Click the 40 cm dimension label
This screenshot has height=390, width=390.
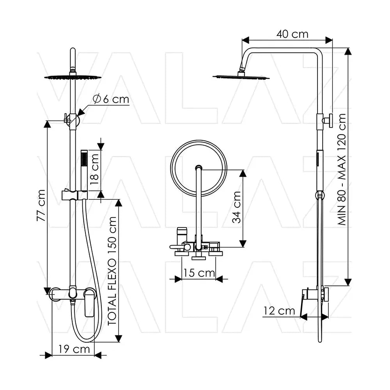[292, 34]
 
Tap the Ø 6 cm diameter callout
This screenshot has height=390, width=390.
[111, 99]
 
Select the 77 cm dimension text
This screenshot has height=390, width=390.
[41, 206]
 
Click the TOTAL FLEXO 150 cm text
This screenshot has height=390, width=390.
[112, 271]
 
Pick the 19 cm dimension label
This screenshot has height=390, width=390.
[74, 349]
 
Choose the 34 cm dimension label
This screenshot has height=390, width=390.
[237, 207]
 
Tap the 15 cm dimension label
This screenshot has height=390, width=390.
[199, 273]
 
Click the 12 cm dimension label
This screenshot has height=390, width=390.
[279, 311]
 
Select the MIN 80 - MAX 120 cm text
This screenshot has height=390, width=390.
[342, 170]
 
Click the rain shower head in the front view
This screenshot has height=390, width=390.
[73, 77]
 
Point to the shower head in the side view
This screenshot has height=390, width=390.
[241, 76]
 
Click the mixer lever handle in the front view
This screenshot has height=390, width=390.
[89, 302]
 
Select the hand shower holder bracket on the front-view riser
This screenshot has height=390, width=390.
[74, 195]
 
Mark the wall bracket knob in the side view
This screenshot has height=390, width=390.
[328, 121]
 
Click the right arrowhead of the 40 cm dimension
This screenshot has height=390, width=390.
[329, 40]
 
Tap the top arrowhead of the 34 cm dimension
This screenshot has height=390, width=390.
[243, 174]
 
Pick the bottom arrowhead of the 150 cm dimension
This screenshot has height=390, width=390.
[119, 338]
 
